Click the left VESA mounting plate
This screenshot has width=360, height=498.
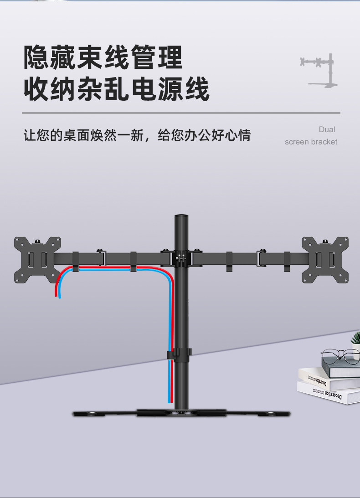coord(38,259)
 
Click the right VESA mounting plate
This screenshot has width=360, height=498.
coord(325,259)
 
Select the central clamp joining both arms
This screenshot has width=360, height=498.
coord(181,258)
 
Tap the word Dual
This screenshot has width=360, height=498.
coord(327,130)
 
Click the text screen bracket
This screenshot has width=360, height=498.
coord(311,142)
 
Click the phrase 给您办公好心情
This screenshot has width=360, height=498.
coord(204,135)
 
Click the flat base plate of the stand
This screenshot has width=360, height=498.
coord(181,414)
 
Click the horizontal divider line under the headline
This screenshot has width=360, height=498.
coord(181,113)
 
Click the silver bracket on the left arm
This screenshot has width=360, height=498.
coord(101,258)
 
